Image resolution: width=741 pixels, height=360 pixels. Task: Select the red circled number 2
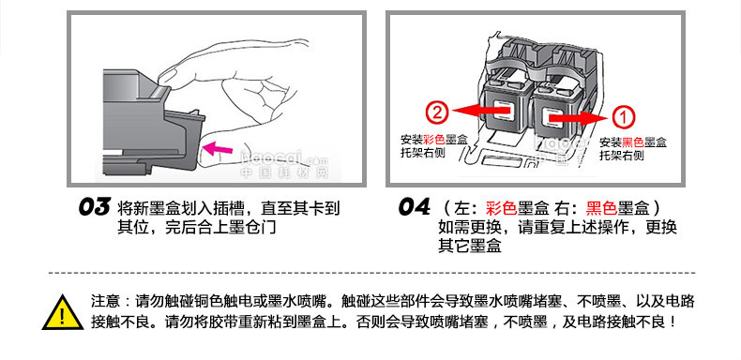pos(437,112)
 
